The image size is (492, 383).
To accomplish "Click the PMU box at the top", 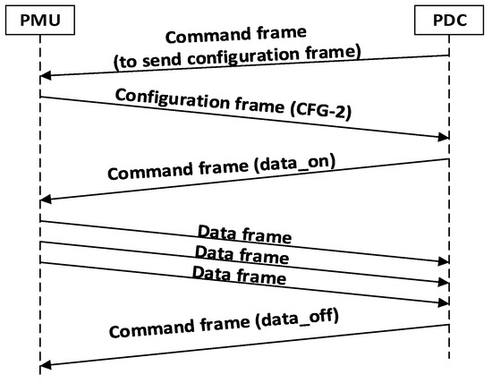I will [39, 18].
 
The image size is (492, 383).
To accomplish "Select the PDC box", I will [447, 18].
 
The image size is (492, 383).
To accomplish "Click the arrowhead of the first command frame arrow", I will [45, 77].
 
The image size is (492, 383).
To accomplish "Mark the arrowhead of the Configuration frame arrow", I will [443, 138].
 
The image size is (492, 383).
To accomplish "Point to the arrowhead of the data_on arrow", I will [45, 199].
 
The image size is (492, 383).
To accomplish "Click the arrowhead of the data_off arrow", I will [45, 364].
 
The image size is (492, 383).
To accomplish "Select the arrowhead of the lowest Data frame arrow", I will [443, 303].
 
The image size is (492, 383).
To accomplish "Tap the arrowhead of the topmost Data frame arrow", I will [443, 261].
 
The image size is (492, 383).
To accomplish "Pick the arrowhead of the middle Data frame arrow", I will [443, 283].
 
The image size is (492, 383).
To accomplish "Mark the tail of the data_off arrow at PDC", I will [447, 325].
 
